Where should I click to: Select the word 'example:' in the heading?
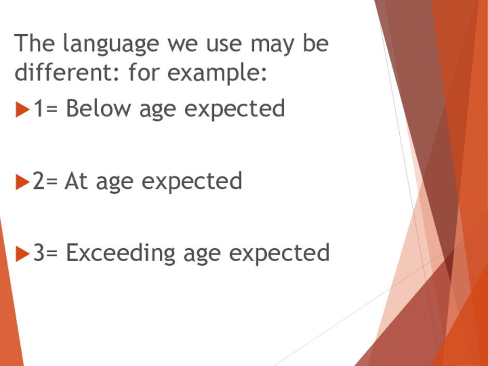[217, 73]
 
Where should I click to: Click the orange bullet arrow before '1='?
[22, 110]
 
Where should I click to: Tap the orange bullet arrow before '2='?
[22, 182]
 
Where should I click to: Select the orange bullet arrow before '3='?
[22, 254]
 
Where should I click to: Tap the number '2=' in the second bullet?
[45, 181]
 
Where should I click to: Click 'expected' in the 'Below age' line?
[235, 110]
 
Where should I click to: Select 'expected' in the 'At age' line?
[192, 182]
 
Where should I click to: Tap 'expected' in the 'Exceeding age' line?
[279, 254]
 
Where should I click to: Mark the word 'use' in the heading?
[224, 45]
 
